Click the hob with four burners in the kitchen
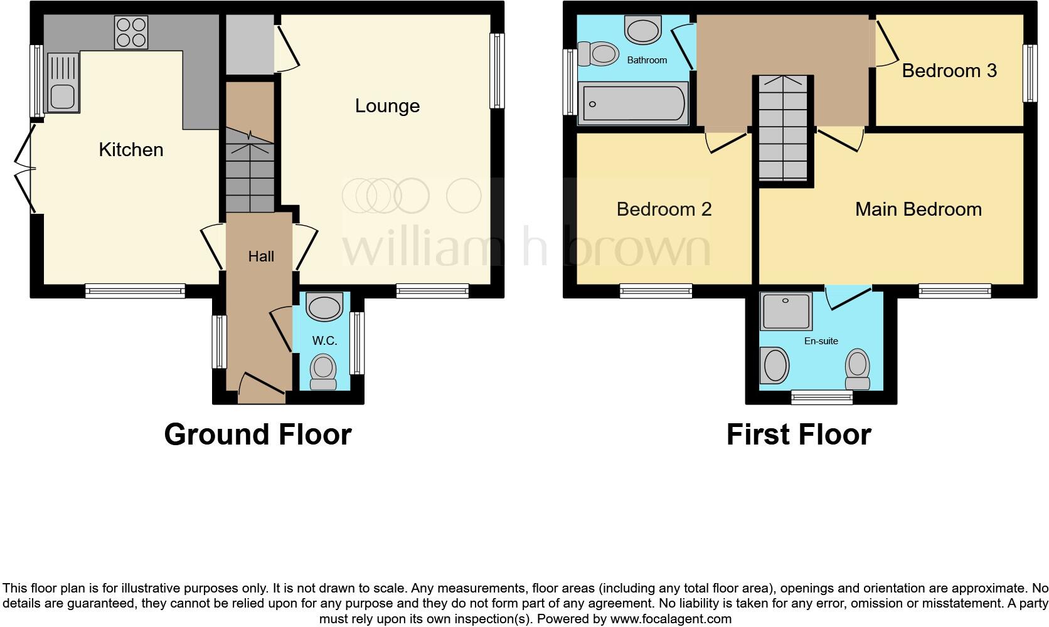(131, 32)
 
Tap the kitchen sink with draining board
(63, 83)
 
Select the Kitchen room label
(131, 150)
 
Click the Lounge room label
(387, 106)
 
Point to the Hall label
(261, 256)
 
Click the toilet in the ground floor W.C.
(324, 371)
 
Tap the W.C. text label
(324, 340)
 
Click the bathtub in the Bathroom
(634, 103)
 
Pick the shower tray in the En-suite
(785, 311)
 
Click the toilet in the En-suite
(857, 369)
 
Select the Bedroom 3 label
(949, 71)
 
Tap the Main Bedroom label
(918, 209)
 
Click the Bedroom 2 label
(664, 209)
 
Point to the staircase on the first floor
(783, 129)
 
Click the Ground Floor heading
(257, 435)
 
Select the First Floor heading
(798, 435)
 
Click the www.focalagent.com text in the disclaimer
(671, 619)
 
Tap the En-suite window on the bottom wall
(821, 396)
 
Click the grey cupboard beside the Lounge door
(249, 44)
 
